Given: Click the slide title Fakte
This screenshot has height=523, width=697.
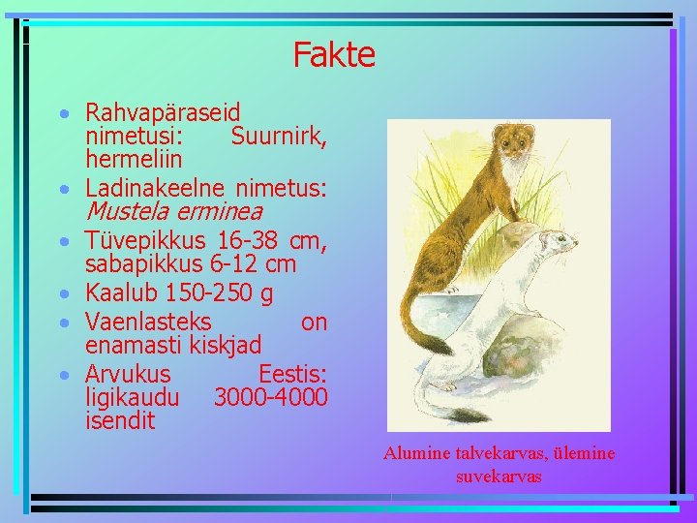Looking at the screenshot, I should pyautogui.click(x=334, y=54).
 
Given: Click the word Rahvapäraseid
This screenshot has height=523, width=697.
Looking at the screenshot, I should pyautogui.click(x=163, y=112).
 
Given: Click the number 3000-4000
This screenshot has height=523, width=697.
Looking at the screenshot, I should pyautogui.click(x=271, y=397).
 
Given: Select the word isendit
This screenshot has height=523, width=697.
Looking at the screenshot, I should pyautogui.click(x=120, y=420).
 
